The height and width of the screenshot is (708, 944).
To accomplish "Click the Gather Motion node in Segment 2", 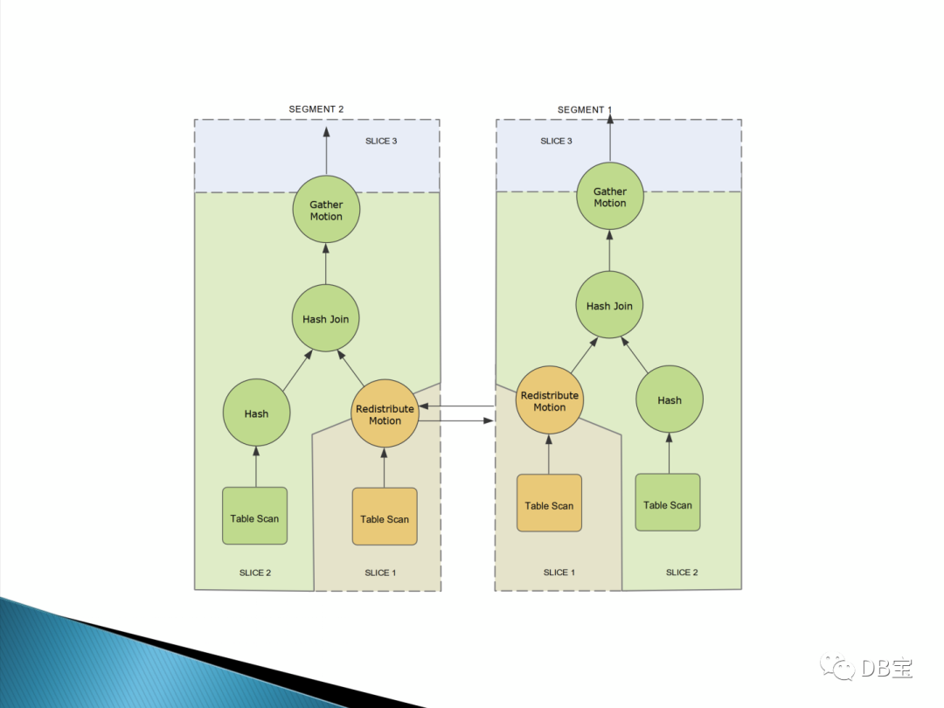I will pyautogui.click(x=326, y=210).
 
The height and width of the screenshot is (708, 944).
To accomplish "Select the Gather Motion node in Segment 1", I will pyautogui.click(x=610, y=197).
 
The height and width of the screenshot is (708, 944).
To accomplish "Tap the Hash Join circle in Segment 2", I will pyautogui.click(x=326, y=319).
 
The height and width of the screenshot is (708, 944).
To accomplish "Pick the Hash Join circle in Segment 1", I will pyautogui.click(x=610, y=306).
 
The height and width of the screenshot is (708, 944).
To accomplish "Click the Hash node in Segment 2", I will pyautogui.click(x=256, y=413).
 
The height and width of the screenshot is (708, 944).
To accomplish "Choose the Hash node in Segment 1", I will pyautogui.click(x=670, y=400).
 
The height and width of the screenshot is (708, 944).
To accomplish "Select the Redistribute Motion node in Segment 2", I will pyautogui.click(x=385, y=414).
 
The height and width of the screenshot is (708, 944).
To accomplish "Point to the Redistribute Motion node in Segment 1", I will pyautogui.click(x=550, y=401).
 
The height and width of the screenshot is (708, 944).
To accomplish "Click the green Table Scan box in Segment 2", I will pyautogui.click(x=254, y=517).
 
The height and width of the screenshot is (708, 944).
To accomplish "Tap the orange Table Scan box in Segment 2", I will pyautogui.click(x=385, y=518).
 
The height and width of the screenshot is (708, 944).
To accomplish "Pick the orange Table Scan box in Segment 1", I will pyautogui.click(x=549, y=504).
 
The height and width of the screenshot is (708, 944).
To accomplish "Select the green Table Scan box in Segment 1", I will pyautogui.click(x=668, y=503).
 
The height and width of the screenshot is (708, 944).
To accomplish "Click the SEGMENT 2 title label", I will pyautogui.click(x=316, y=109).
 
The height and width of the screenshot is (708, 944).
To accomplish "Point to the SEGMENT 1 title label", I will pyautogui.click(x=585, y=109).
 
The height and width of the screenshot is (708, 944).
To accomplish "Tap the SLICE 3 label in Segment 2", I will pyautogui.click(x=381, y=141).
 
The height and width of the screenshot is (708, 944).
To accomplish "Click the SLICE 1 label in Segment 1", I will pyautogui.click(x=559, y=573).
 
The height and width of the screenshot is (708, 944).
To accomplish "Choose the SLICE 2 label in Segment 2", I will pyautogui.click(x=255, y=573).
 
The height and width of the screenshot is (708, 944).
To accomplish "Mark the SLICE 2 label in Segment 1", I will pyautogui.click(x=682, y=573).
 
